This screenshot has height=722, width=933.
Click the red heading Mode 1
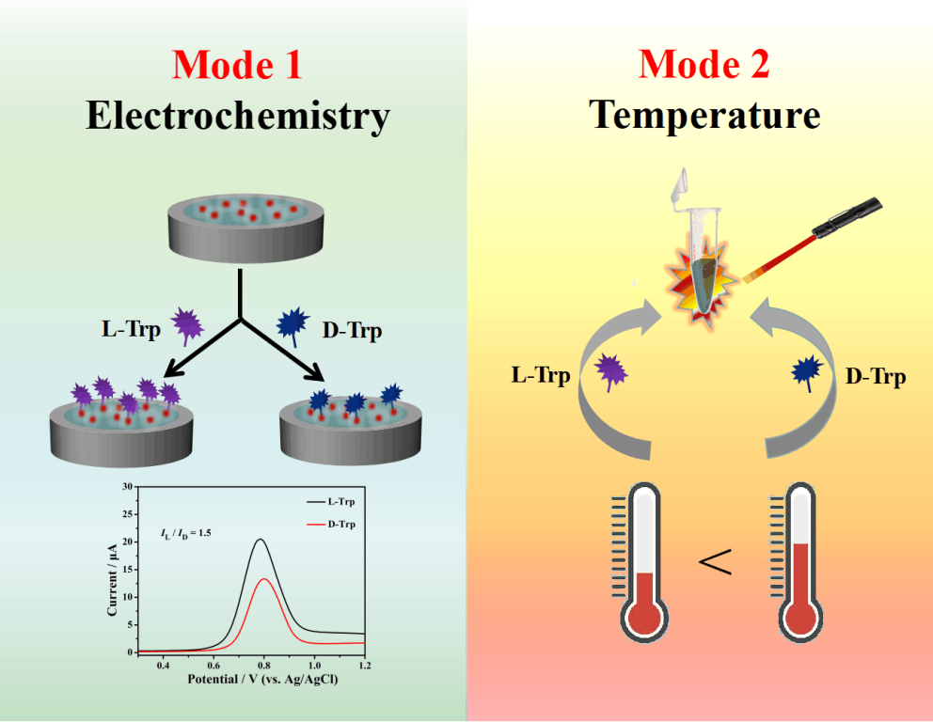(237, 65)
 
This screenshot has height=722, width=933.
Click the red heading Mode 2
(704, 65)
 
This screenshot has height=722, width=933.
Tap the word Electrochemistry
(237, 117)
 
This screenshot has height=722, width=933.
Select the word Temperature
(704, 117)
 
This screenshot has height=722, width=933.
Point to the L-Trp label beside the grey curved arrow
(540, 375)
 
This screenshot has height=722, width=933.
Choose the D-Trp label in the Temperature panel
(876, 377)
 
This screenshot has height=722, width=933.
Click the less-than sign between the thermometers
(715, 563)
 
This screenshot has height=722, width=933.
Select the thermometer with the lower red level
(643, 564)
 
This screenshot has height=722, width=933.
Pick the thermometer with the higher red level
(799, 564)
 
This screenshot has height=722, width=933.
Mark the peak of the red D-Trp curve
(264, 579)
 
